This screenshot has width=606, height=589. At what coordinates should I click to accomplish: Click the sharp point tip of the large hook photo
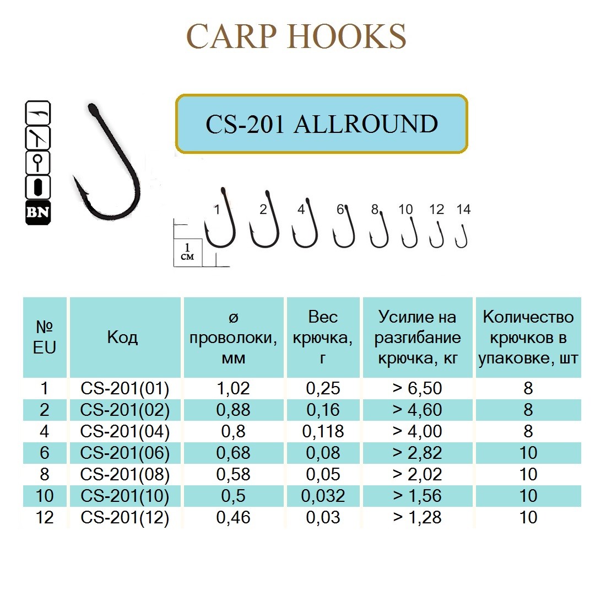click(73, 176)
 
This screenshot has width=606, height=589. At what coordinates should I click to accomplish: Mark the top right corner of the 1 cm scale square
click(202, 239)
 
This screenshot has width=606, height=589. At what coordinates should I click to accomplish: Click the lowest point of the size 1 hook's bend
click(221, 247)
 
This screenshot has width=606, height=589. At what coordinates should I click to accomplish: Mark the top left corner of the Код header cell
click(70, 298)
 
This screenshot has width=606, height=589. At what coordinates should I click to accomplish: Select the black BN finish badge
click(38, 213)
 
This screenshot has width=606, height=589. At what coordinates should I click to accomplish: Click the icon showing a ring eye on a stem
click(38, 163)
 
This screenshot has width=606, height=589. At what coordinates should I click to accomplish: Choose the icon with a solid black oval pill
click(38, 188)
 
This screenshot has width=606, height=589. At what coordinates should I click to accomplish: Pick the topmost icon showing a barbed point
click(38, 113)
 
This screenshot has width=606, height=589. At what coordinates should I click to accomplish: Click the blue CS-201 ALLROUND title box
click(322, 124)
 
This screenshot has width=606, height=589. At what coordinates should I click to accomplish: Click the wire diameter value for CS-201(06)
click(234, 453)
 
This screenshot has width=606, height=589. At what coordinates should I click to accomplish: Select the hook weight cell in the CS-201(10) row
click(323, 496)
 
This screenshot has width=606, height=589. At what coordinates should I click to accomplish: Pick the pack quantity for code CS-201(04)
click(528, 431)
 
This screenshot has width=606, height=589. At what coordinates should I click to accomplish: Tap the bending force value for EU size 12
click(417, 517)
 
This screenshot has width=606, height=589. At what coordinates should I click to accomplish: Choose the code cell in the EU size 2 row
click(125, 410)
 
